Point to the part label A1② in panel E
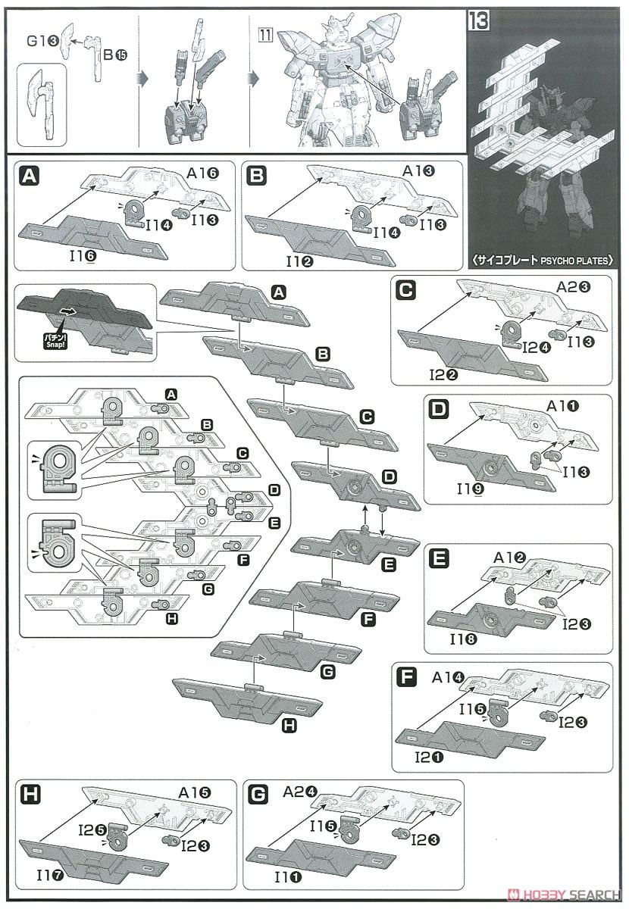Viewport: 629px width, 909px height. [x=510, y=557]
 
